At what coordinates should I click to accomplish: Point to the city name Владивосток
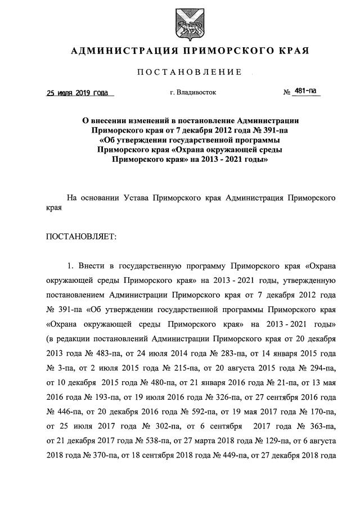coord(196,92)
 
